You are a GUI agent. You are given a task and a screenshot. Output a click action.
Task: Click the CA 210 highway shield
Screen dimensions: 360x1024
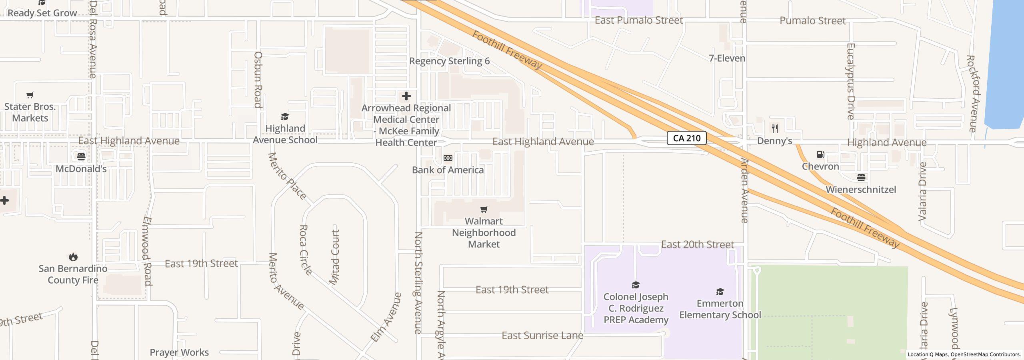pyautogui.click(x=686, y=138)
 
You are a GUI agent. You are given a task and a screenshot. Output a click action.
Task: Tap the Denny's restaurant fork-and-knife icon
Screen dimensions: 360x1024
pyautogui.click(x=775, y=129)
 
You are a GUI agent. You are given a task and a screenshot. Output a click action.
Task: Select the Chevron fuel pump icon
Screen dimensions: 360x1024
pyautogui.click(x=820, y=154)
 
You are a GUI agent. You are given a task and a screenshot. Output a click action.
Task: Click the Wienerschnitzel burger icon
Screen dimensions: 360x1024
pyautogui.click(x=861, y=178)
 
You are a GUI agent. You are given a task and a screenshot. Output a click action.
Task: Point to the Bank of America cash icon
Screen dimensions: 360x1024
pyautogui.click(x=448, y=158)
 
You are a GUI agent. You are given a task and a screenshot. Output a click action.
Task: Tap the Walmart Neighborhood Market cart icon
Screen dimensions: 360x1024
pyautogui.click(x=484, y=209)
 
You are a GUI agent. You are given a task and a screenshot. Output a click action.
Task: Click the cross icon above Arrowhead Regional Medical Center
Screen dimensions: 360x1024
pyautogui.click(x=406, y=96)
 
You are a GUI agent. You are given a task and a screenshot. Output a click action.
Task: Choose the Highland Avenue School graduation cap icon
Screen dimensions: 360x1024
pyautogui.click(x=285, y=117)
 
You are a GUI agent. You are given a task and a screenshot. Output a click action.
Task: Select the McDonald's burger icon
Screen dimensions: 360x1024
pyautogui.click(x=81, y=156)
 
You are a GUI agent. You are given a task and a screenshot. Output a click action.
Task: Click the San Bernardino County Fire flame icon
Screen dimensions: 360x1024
pyautogui.click(x=73, y=257)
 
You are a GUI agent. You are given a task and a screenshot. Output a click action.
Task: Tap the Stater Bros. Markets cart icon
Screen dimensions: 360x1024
pyautogui.click(x=30, y=95)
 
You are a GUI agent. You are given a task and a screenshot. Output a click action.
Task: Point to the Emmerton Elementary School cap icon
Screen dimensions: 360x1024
pyautogui.click(x=720, y=292)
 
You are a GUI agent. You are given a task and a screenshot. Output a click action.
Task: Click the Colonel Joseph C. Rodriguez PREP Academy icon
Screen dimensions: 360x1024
pyautogui.click(x=636, y=285)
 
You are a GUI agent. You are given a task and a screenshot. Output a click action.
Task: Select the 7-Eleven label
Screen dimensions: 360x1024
pyautogui.click(x=727, y=58)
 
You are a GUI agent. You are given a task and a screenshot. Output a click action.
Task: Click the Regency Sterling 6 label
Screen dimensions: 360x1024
pyautogui.click(x=449, y=61)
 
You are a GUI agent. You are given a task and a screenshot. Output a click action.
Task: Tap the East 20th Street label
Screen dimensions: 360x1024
pyautogui.click(x=697, y=244)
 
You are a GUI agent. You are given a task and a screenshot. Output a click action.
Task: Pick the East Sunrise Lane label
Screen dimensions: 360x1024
pyautogui.click(x=542, y=336)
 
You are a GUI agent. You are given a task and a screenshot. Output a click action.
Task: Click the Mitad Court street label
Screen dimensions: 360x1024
pyautogui.click(x=335, y=257)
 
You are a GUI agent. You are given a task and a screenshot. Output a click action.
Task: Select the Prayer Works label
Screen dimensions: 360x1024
pyautogui.click(x=179, y=352)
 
